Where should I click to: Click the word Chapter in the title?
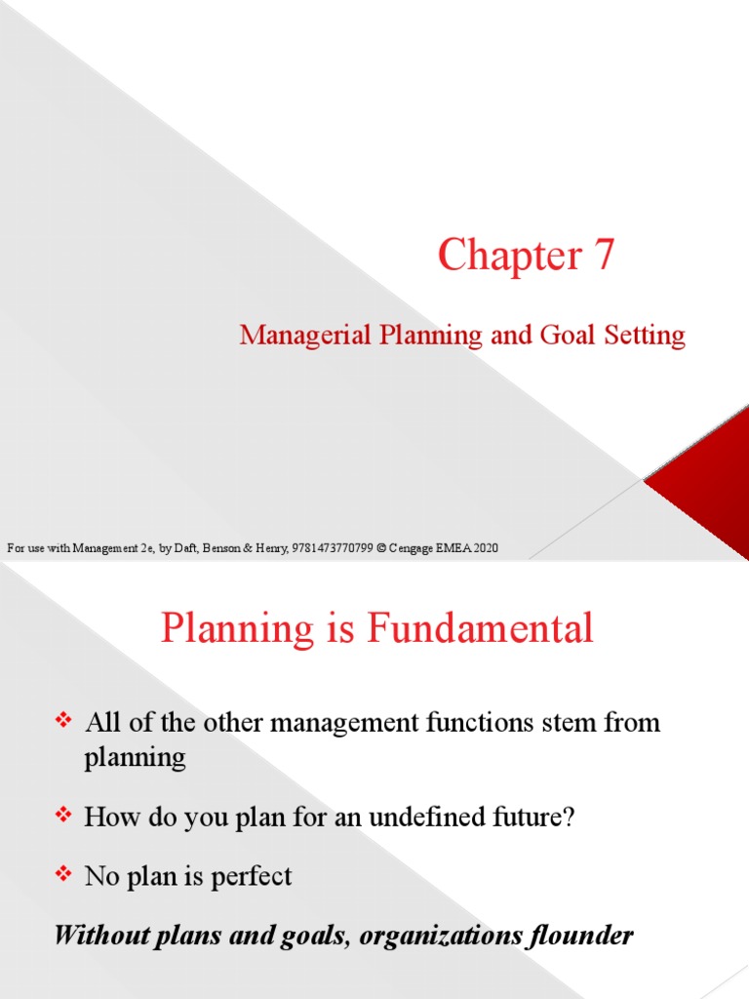point(497,257)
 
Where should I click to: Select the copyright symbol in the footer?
point(381,548)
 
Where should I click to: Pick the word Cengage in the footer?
point(412,548)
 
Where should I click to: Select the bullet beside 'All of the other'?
point(65,722)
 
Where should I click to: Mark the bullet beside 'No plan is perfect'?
point(65,876)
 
